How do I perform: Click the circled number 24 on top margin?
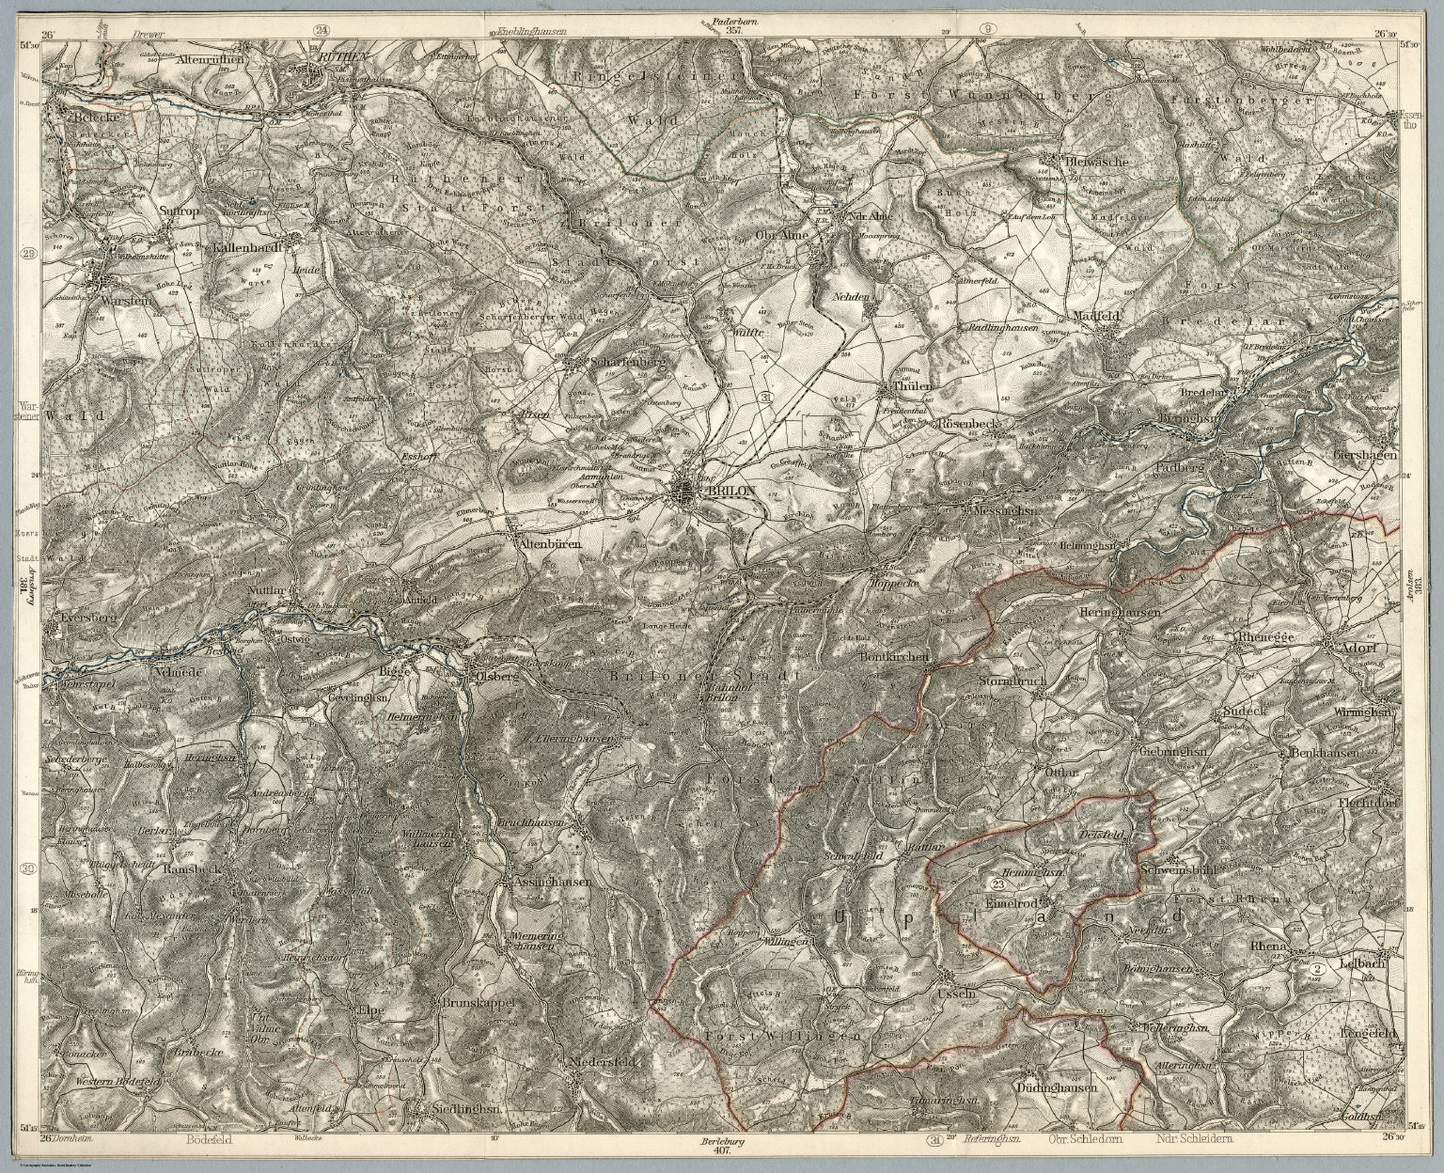322,30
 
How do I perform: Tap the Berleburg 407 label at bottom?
715,1145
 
